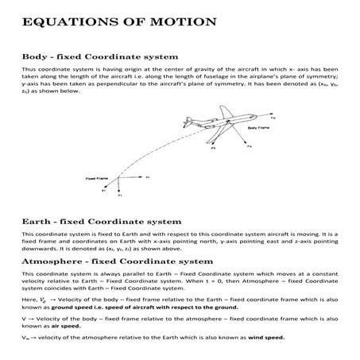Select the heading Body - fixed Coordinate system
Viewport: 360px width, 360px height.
point(99,57)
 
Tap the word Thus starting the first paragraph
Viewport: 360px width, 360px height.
point(29,69)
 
